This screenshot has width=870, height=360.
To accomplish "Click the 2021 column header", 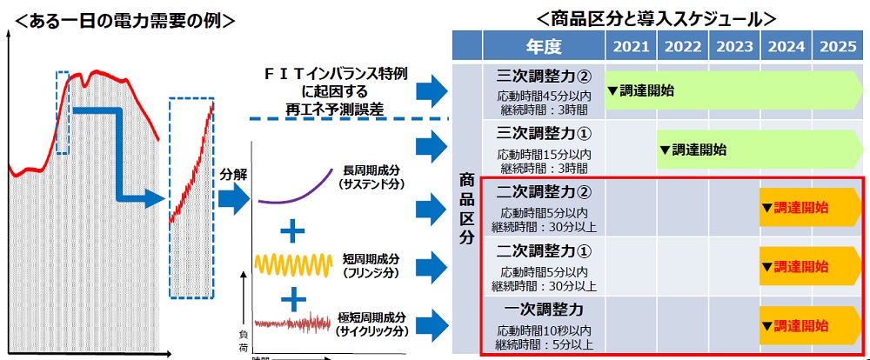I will [631, 45].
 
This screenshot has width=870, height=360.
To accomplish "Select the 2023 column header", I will [733, 45].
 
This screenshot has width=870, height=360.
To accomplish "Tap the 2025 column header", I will [837, 45].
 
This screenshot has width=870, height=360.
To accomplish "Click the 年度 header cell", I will [543, 45].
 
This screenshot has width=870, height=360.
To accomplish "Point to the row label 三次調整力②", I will [544, 76].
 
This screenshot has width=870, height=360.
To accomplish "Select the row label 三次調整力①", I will [544, 135].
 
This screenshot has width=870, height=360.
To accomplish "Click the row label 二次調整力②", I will [544, 194].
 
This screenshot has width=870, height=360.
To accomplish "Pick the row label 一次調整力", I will [544, 310].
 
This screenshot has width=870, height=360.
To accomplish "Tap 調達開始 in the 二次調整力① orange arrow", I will [800, 266].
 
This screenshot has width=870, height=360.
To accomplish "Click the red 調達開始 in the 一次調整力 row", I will [800, 326].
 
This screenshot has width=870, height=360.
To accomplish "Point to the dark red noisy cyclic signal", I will [293, 324].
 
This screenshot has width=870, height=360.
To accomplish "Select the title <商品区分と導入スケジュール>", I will [656, 16].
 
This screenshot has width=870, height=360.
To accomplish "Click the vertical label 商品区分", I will [466, 208].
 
